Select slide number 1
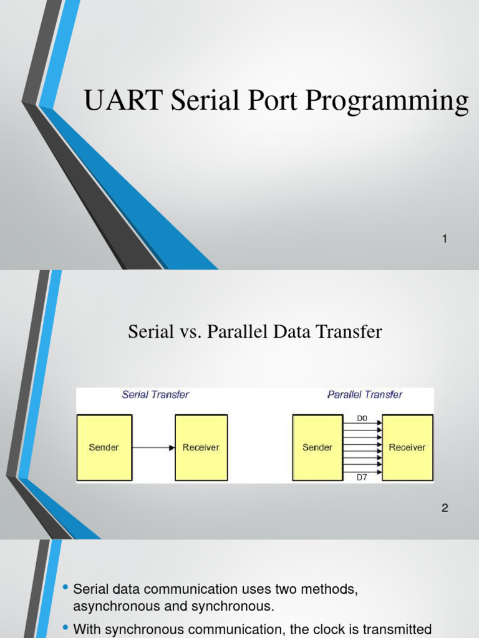point(445,239)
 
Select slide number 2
point(445,508)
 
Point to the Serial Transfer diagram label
point(155,394)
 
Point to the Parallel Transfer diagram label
point(365,394)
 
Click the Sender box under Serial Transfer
point(104,447)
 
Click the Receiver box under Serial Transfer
point(201,447)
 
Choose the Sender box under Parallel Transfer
point(317,447)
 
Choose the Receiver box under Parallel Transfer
point(407,447)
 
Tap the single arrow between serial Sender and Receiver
point(153,447)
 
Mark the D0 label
point(362,419)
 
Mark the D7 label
point(362,477)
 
